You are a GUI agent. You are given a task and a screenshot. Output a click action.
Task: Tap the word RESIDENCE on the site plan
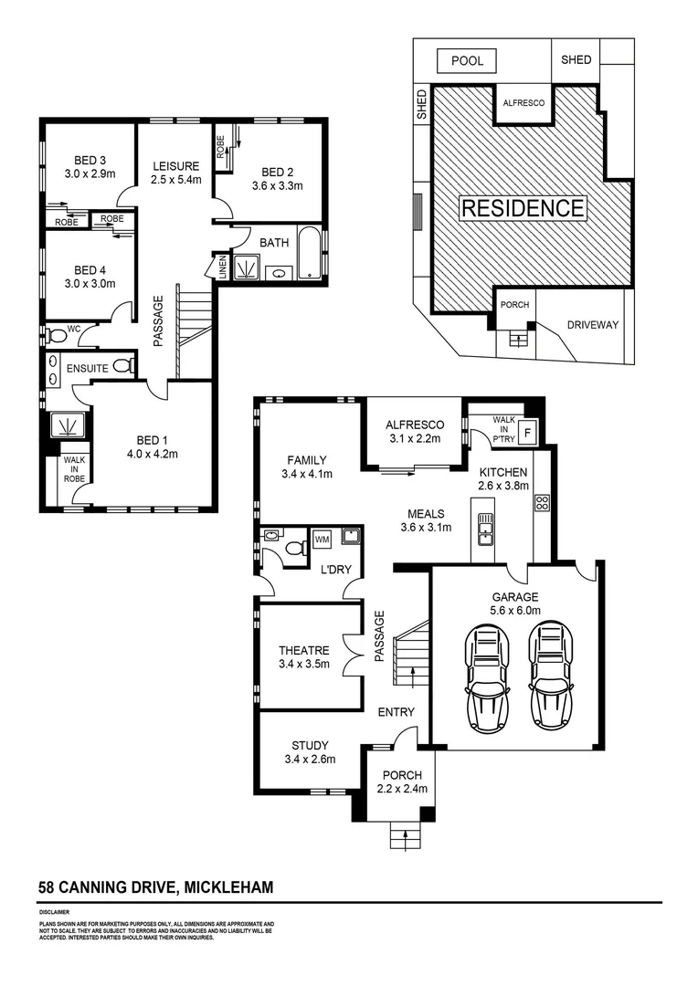tap(522, 208)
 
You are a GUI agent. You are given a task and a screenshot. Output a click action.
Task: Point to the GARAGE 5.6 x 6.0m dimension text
tap(516, 611)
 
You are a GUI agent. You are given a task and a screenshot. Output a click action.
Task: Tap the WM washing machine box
tap(322, 540)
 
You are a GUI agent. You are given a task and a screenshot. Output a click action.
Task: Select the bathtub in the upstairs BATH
tap(311, 255)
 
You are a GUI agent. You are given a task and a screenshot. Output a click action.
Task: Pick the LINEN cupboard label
tap(220, 267)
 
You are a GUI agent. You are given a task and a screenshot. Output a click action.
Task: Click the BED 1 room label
tap(152, 439)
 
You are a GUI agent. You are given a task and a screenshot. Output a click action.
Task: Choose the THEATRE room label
tap(303, 650)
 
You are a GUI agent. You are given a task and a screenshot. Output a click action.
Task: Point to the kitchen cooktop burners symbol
tap(540, 501)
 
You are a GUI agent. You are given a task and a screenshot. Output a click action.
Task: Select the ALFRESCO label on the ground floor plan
tap(414, 425)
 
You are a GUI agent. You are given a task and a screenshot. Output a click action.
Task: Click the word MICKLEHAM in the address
tap(229, 886)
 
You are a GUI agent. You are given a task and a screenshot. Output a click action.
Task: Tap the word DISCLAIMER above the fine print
tap(55, 912)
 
